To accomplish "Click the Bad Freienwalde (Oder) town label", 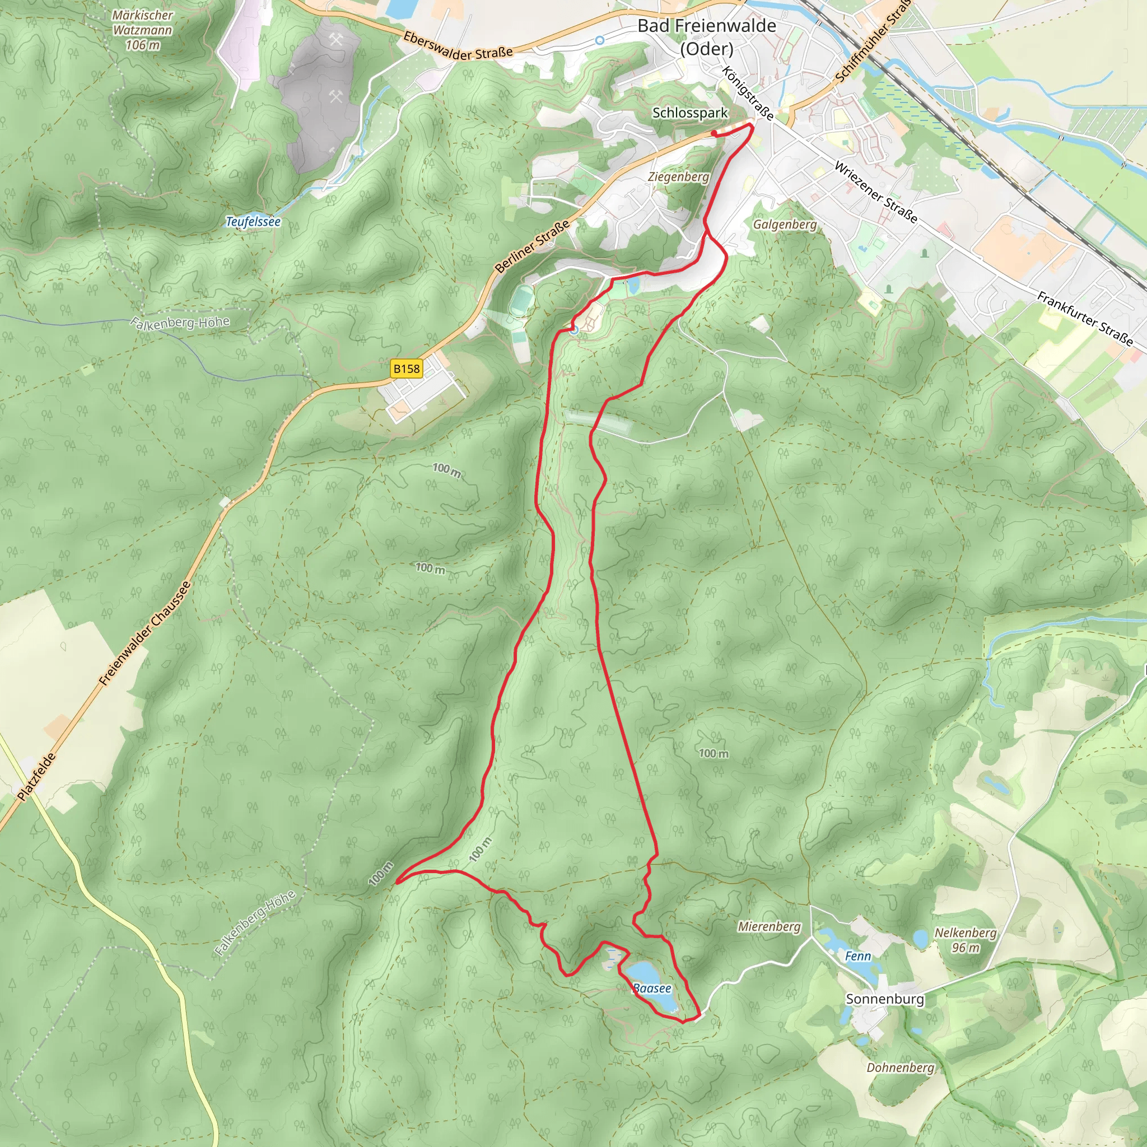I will coord(706,37).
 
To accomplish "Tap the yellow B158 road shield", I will coord(406,369).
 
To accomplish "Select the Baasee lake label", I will coord(651,989).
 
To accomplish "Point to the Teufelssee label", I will coord(253,221).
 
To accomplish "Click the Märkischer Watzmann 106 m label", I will coord(142,30).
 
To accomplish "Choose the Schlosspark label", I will coord(689,113).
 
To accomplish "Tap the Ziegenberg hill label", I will coord(678,177).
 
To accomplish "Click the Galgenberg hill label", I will coord(784,225).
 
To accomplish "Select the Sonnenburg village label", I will coord(884,999).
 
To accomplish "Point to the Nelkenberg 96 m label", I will coord(966,940).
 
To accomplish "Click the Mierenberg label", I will coord(769,927).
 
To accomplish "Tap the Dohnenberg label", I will coord(900,1067).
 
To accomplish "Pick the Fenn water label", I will coord(857,957).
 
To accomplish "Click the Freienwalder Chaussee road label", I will coord(145,633).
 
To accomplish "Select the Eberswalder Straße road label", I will coord(458,46).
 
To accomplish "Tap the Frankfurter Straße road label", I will coord(1085,319).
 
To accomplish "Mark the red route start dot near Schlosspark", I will coord(714,134).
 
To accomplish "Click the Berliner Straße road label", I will coord(533,246).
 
